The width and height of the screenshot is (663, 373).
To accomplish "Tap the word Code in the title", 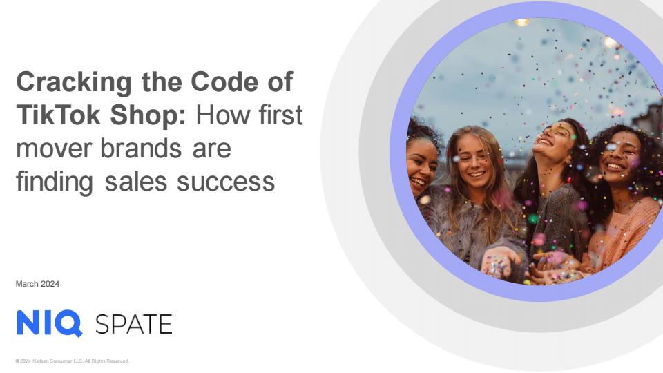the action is (224, 82).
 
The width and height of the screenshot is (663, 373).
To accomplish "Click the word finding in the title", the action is (55, 182).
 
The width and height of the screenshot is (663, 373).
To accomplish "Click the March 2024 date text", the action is (37, 284).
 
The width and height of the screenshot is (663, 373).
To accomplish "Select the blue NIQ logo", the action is (49, 323).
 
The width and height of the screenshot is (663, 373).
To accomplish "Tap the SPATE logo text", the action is (133, 325).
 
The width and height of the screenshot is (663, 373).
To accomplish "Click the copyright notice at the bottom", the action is (73, 361).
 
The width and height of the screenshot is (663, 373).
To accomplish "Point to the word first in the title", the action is (281, 115).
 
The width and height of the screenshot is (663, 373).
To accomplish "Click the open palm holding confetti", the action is (501, 262).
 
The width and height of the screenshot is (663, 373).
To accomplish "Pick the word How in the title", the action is (223, 115).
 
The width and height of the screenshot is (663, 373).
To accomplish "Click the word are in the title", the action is (212, 149).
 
